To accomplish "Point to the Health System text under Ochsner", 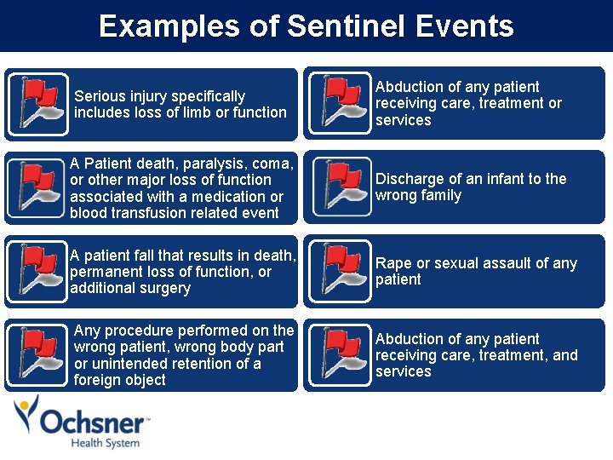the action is pos(105,443).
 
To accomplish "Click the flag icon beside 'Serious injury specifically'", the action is pos(37,104).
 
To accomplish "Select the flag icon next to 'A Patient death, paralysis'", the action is pos(37,188).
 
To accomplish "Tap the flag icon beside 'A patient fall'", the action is pos(37,272).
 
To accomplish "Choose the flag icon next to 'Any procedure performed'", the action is pos(37,355).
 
